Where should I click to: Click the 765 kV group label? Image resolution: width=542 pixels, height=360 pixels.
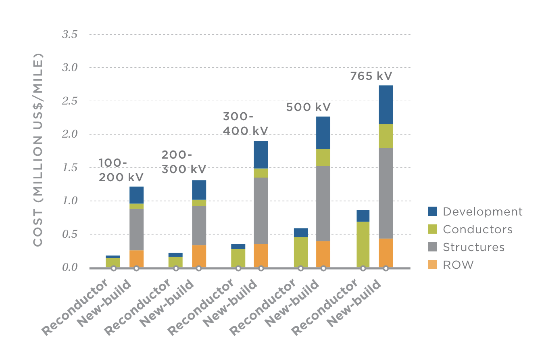371,76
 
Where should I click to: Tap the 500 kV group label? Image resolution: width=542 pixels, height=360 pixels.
309,107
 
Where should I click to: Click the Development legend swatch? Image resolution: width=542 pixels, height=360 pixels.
432,211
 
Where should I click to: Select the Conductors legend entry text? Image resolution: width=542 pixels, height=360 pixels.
477,229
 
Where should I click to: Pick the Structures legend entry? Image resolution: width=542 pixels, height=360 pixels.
473,247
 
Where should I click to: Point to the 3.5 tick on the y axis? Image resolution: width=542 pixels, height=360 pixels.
69,35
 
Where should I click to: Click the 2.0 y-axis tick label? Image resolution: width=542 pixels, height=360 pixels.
69,134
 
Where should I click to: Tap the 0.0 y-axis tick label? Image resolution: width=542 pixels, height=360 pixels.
69,268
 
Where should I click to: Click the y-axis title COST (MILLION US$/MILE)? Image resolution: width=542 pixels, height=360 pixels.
38,149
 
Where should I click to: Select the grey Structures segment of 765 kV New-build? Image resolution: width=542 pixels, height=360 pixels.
386,193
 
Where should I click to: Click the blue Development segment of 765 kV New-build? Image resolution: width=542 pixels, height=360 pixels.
386,105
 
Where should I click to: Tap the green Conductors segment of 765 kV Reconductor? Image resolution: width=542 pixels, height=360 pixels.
363,244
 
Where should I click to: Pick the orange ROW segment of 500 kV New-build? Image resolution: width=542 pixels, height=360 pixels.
323,254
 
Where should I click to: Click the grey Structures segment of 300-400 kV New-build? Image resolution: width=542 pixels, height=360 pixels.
261,210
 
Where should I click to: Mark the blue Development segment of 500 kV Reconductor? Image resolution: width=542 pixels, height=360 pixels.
301,232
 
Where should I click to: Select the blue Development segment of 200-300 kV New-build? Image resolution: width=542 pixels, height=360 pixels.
199,190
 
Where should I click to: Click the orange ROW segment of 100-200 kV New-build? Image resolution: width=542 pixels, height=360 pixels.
136,258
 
